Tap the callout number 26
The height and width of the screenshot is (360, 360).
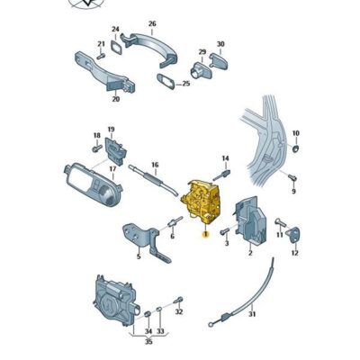tap(152, 23)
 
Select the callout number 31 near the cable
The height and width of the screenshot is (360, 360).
tap(253, 314)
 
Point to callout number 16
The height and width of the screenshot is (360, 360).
tap(155, 165)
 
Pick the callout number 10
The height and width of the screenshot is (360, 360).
tap(296, 134)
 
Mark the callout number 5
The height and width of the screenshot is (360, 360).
tap(138, 256)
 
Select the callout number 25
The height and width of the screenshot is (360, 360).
tap(186, 84)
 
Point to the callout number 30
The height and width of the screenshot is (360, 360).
tap(220, 44)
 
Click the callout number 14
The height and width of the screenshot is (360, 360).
tap(226, 159)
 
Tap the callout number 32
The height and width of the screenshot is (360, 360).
tap(178, 311)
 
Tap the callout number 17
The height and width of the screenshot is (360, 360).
tap(113, 168)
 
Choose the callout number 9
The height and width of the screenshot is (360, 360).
tap(293, 191)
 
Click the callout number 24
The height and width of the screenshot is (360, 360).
tap(115, 30)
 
